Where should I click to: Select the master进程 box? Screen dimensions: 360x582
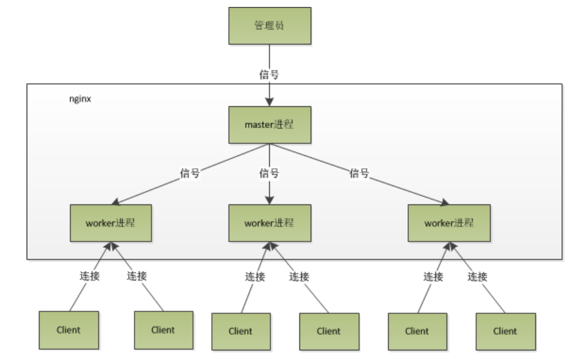tap(269, 125)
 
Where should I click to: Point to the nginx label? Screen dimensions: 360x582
tap(80, 99)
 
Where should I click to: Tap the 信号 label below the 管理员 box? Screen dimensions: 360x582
tap(269, 74)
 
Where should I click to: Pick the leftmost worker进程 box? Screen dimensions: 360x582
tap(111, 223)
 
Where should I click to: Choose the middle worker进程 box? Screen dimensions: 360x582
tap(269, 223)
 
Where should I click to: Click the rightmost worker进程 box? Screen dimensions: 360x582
tap(449, 223)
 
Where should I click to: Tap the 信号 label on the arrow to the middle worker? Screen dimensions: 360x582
tap(269, 174)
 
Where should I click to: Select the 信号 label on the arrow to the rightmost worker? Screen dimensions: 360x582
tap(359, 174)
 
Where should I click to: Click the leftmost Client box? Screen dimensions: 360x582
tap(69, 330)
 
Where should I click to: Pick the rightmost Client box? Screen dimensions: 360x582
tap(505, 331)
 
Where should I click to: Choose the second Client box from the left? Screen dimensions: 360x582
tap(163, 330)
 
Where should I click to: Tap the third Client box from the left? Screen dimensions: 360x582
tap(240, 331)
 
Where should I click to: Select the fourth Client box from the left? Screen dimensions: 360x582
tap(328, 331)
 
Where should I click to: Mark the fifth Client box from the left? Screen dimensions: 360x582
tap(417, 331)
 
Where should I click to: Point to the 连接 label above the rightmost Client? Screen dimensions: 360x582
tap(478, 276)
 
